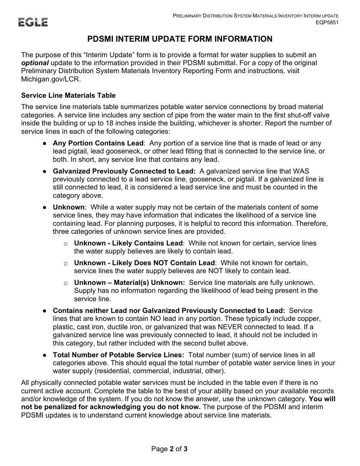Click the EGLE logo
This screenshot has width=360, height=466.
[33, 22]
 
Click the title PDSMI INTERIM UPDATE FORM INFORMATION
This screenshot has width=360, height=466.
[180, 39]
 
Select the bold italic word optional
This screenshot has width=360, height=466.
[35, 63]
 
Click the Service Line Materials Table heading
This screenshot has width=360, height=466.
[68, 95]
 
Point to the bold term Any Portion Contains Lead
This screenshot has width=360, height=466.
[98, 143]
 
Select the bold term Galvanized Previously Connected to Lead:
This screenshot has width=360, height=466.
[124, 171]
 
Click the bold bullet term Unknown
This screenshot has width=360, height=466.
[69, 207]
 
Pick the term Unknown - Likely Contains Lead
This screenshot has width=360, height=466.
[128, 243]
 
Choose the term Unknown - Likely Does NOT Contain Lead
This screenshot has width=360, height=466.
[144, 263]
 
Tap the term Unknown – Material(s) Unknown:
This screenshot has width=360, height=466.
[129, 283]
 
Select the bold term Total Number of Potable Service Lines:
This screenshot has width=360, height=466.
[119, 355]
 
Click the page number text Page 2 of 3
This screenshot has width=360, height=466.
[169, 449]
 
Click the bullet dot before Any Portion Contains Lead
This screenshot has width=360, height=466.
[44, 144]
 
